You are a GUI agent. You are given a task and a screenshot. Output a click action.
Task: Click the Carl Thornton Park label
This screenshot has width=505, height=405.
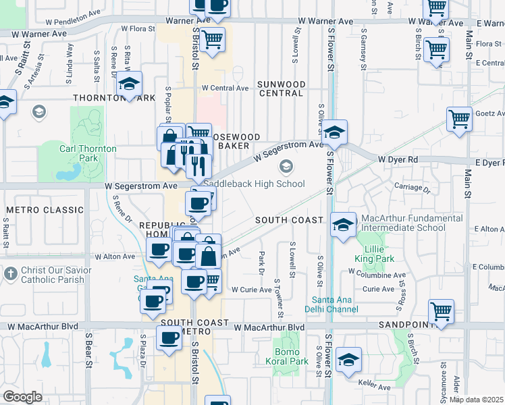tap(88, 153)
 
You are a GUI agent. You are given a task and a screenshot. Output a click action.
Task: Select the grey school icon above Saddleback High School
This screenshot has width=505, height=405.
tap(287, 166)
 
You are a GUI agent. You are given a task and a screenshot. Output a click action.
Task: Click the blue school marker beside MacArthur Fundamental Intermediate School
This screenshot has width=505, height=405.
tap(343, 223)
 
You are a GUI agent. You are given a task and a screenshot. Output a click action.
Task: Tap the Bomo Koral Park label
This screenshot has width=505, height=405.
tap(291, 356)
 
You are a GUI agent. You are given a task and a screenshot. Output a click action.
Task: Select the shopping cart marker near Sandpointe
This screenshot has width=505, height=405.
tap(441, 312)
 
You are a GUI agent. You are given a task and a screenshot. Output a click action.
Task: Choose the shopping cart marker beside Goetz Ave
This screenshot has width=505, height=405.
tap(459, 119)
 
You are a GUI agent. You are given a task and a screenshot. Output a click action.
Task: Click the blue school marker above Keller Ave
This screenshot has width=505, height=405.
tap(348, 359)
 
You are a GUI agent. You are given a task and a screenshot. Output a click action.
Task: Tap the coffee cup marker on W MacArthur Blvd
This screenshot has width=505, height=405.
tap(169, 338)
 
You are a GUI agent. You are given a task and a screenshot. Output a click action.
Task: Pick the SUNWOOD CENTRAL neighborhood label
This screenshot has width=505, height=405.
tap(282, 88)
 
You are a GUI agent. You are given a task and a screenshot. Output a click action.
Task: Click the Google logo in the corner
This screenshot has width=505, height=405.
tap(22, 397)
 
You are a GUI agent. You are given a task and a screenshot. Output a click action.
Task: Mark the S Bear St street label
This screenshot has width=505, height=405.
tap(88, 350)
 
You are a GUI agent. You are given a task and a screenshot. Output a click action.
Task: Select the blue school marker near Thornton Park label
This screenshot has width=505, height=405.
tap(128, 84)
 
